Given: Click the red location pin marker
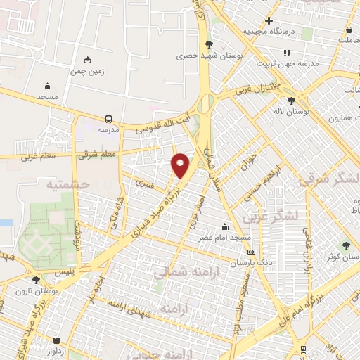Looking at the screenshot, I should point(181,165).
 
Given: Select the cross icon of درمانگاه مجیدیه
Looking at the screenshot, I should point(269,20).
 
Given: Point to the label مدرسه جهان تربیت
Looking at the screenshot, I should point(287,63).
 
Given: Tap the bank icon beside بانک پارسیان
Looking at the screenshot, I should point(251,252).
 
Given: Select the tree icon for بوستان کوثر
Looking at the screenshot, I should point(345,245).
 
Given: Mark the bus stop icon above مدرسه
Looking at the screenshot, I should point(108,119).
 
